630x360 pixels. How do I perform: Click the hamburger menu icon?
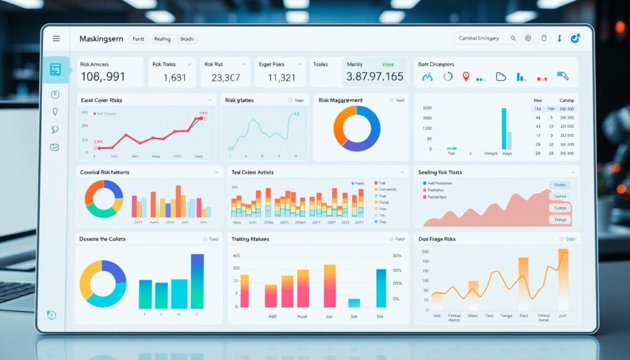(57, 39)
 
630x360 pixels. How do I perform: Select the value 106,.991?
(103, 78)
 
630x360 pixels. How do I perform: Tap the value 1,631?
(174, 78)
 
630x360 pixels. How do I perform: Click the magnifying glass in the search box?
(513, 39)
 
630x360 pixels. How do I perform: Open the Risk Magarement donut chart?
(356, 128)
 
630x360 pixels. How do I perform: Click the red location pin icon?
(466, 77)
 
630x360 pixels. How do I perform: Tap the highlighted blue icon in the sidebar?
(55, 70)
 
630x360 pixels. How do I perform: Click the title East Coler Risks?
(102, 100)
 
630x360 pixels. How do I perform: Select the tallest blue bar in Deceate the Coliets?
(197, 281)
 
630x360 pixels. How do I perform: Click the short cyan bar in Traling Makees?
(354, 302)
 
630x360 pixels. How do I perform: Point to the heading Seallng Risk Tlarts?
(440, 172)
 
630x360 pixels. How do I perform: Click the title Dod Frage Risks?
(441, 238)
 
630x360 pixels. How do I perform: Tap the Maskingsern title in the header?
(101, 39)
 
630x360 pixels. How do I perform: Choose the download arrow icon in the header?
(559, 39)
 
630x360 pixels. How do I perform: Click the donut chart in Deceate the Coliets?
(102, 283)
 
